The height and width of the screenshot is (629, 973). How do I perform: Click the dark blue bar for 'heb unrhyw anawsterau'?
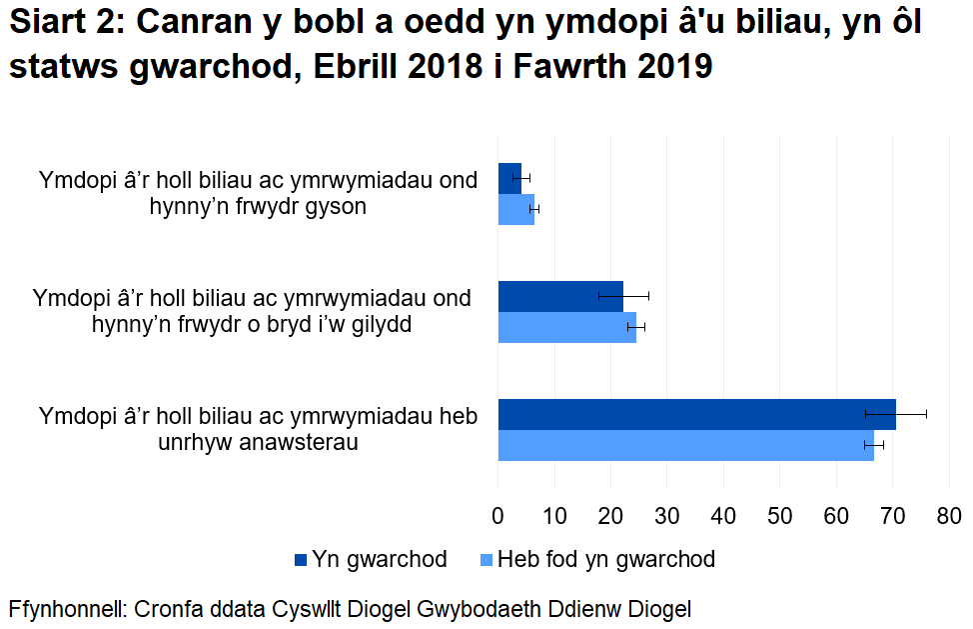pyautogui.click(x=696, y=414)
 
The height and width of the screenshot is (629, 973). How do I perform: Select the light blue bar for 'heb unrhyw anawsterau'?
pyautogui.click(x=685, y=445)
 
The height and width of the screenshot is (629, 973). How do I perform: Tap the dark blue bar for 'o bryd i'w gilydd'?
pyautogui.click(x=559, y=296)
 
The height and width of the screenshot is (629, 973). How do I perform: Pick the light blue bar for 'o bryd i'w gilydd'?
pyautogui.click(x=566, y=327)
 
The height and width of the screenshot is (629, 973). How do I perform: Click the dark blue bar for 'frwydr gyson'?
pyautogui.click(x=509, y=177)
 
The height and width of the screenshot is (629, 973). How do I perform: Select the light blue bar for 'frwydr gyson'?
pyautogui.click(x=515, y=209)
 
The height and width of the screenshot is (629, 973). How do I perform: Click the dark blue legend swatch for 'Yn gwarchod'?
pyautogui.click(x=301, y=559)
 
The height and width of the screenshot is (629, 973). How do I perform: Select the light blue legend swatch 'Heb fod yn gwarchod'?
pyautogui.click(x=486, y=559)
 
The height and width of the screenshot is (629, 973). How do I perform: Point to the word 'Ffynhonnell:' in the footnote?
pyautogui.click(x=68, y=608)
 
